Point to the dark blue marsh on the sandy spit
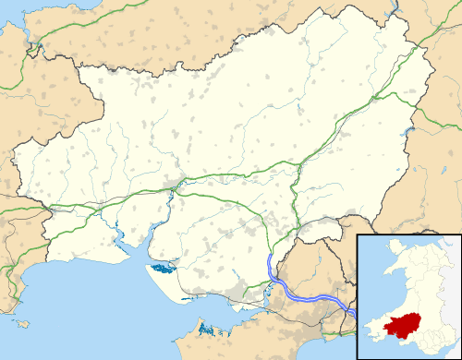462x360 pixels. pyautogui.click(x=164, y=270)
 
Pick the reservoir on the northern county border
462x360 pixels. pyautogui.click(x=393, y=11)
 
